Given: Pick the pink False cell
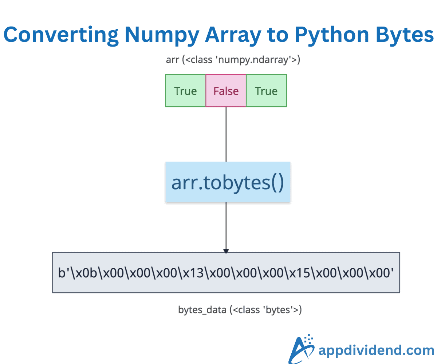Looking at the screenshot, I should click(226, 91).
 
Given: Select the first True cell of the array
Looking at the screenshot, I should click(185, 91).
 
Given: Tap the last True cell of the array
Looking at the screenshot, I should click(266, 91).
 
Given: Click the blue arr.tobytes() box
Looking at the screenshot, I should click(228, 182).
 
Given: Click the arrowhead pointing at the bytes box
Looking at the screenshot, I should click(226, 251).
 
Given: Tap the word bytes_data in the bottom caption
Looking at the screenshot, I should click(202, 310).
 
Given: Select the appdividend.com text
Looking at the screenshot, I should click(376, 351).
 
